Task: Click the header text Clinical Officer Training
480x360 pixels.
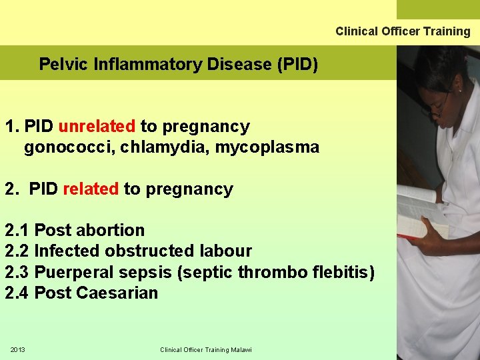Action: click(x=403, y=31)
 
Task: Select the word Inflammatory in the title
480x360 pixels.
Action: click(x=145, y=65)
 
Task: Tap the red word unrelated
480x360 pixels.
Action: click(x=97, y=127)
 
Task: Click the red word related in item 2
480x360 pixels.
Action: click(x=91, y=189)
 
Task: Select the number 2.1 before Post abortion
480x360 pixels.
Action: click(x=17, y=231)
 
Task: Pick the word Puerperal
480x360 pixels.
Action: click(x=73, y=272)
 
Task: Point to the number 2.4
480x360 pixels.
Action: click(x=17, y=293)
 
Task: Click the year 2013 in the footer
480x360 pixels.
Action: click(x=17, y=350)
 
